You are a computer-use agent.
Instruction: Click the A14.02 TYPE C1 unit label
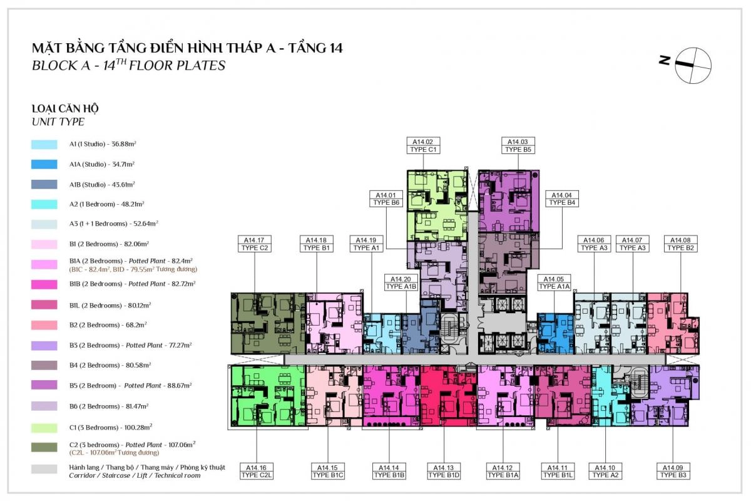click(x=423, y=146)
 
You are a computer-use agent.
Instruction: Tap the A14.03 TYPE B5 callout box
click(x=518, y=146)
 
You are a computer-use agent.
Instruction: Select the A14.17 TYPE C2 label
click(x=255, y=244)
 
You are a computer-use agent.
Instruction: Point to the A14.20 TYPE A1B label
click(x=401, y=282)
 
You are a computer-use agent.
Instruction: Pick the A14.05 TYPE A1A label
click(x=554, y=282)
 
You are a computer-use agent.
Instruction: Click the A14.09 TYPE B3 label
click(x=673, y=471)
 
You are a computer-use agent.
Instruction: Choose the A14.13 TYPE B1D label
click(x=444, y=471)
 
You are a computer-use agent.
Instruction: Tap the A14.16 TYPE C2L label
click(x=257, y=471)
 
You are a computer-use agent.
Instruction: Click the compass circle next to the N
click(x=693, y=65)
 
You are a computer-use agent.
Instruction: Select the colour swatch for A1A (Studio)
click(x=44, y=164)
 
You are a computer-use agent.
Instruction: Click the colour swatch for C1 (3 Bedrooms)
click(x=44, y=428)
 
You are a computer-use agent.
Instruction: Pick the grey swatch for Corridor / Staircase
click(x=44, y=469)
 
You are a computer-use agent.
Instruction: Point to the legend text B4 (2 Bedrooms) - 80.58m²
click(x=110, y=365)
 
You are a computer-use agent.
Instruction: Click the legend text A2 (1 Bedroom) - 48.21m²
click(x=106, y=204)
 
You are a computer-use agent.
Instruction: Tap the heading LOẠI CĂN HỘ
click(x=65, y=109)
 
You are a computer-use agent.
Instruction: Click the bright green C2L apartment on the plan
click(x=268, y=396)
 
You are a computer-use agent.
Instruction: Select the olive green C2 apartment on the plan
click(x=268, y=324)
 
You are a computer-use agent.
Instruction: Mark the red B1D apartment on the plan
click(x=449, y=396)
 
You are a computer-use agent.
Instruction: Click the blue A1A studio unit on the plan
click(x=556, y=334)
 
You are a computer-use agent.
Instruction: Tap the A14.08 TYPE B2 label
click(x=681, y=244)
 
